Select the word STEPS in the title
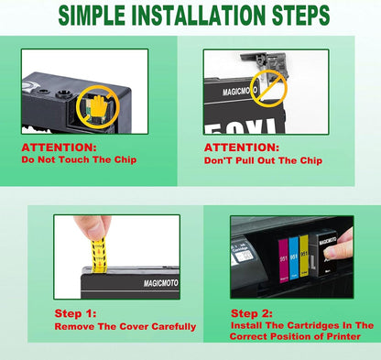299,16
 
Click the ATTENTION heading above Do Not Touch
59,147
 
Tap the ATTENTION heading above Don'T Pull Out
240,147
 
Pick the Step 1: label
77,313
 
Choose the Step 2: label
253,312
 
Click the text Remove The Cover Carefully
125,325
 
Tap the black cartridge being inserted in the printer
325,261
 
